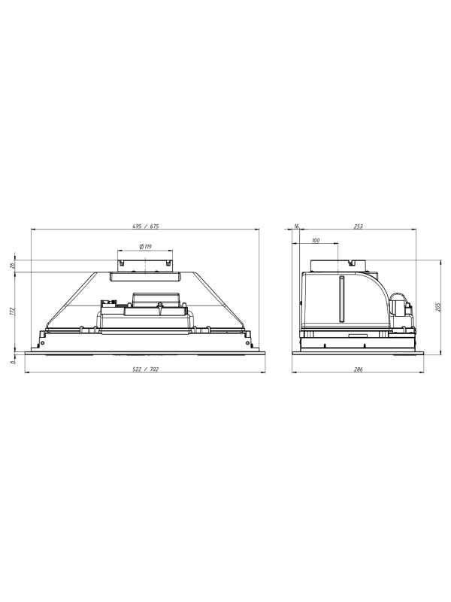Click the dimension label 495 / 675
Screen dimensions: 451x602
coord(145,227)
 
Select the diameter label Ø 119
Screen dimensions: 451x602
coord(144,247)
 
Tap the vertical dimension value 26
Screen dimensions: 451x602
coord(12,266)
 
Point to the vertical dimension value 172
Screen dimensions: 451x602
coord(12,311)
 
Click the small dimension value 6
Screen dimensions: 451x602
coord(12,361)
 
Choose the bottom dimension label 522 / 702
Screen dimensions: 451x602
coord(145,369)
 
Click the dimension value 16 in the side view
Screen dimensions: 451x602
coord(296,227)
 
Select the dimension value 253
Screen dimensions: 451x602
coord(358,227)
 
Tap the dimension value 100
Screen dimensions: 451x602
coord(315,240)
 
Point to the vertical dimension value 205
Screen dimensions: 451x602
coord(439,306)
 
